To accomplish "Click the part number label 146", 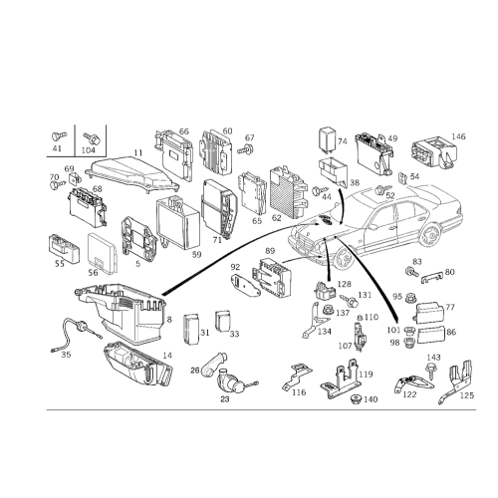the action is (x=458, y=136).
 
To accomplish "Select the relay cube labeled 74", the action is (x=327, y=138).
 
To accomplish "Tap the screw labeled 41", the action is (x=59, y=136).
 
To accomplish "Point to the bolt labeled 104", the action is (x=92, y=137).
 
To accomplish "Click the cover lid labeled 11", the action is (x=132, y=175).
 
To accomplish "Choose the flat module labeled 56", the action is (x=103, y=253).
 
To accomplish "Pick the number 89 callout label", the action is (x=270, y=250).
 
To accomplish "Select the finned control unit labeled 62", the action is (x=287, y=192).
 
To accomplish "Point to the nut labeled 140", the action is (x=357, y=399).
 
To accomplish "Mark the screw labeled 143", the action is (x=431, y=371).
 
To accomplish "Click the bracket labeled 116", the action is (x=297, y=375).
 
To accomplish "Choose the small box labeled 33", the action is (x=222, y=321).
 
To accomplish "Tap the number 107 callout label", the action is (x=345, y=346).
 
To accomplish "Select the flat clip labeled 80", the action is (x=432, y=278).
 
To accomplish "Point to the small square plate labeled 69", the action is (x=75, y=179).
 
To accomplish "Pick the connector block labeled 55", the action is (x=64, y=248).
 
